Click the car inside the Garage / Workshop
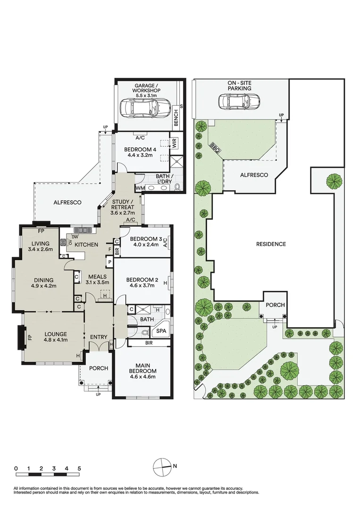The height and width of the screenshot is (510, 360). coord(144,108)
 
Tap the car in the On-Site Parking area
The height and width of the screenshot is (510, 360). coord(239,101)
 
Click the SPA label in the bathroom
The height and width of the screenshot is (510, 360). coord(161,331)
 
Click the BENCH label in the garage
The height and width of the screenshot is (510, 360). coord(176,118)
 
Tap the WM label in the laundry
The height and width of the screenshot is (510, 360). coord(140,188)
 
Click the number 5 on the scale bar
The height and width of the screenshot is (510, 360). coord(79,468)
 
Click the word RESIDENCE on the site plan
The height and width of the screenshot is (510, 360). coord(271,244)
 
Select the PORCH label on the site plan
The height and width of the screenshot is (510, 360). coord(275,305)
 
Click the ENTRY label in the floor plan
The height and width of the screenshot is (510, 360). coord(100,337)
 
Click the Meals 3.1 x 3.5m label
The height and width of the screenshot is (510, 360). coord(98,280)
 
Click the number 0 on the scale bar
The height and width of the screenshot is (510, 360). coord(16,468)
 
